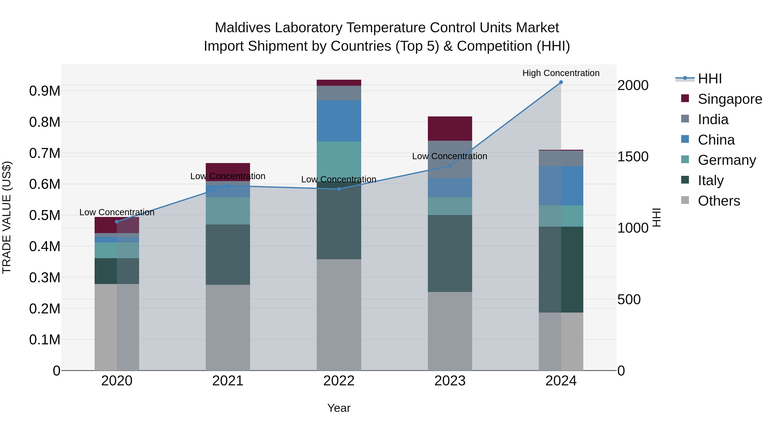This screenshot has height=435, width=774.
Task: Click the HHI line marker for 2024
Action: point(561,82)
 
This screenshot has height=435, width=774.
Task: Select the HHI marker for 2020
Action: point(117,221)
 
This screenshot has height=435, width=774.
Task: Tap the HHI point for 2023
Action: point(450,166)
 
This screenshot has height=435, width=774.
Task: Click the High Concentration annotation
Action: point(561,73)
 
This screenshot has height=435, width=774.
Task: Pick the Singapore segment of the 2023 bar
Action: point(450,128)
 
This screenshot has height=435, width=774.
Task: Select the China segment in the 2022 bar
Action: point(339,121)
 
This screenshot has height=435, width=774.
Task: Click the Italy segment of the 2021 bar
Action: point(228,255)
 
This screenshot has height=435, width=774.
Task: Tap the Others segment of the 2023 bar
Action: point(450,331)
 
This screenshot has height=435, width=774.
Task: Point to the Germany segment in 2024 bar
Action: point(561,216)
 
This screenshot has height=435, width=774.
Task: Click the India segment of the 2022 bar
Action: point(339,93)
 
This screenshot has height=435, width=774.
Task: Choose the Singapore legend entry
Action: point(729,99)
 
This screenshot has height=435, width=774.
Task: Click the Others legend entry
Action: point(718,201)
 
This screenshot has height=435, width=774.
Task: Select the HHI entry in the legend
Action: point(709,79)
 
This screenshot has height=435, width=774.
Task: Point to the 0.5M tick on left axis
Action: point(45,215)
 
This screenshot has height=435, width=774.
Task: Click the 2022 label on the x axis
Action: point(339,381)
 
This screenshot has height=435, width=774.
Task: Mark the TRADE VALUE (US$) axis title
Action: point(7,217)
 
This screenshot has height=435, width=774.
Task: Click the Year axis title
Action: point(339,408)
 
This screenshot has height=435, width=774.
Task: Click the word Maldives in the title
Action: point(243,28)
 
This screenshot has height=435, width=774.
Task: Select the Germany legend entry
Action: point(726,160)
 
